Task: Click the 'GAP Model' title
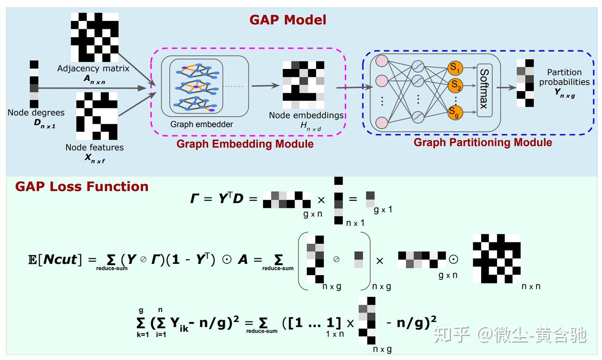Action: [288, 20]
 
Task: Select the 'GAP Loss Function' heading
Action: [82, 186]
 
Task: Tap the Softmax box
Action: [484, 88]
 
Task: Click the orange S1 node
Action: [455, 68]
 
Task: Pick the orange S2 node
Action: [455, 86]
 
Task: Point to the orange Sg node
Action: [455, 112]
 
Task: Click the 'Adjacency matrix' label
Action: [93, 69]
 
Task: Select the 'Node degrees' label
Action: [36, 113]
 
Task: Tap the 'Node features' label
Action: [94, 147]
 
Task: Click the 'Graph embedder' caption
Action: [202, 124]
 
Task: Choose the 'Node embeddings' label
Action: [306, 115]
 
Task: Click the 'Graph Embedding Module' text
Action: [245, 144]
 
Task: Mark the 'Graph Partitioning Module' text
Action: [482, 143]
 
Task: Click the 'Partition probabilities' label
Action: [564, 77]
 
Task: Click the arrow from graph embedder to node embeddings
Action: [265, 86]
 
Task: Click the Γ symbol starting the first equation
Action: [195, 199]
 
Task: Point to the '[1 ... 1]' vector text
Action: [311, 323]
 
